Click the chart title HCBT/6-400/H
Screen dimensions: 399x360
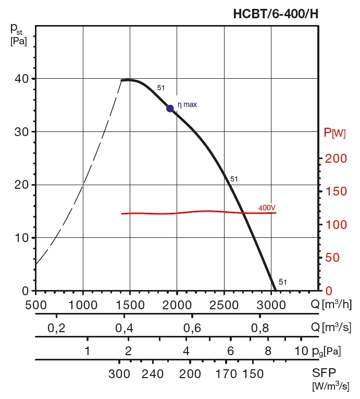(x=276, y=14)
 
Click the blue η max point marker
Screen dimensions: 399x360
(x=170, y=108)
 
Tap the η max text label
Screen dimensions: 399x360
(x=188, y=105)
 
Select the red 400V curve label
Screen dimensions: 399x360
(x=267, y=208)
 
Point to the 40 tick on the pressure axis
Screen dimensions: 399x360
(x=21, y=79)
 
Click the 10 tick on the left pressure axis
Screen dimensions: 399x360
(x=21, y=238)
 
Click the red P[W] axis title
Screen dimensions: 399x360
(x=334, y=132)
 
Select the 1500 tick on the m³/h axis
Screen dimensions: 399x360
(x=130, y=304)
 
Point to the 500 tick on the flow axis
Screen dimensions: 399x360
(x=35, y=304)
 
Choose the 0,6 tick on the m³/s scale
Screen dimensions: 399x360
(x=192, y=328)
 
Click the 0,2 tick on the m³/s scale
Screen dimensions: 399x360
(x=56, y=328)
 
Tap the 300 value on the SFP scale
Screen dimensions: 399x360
(x=119, y=374)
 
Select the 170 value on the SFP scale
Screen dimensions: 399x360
(x=226, y=374)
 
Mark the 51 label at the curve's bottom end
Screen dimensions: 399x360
(x=283, y=282)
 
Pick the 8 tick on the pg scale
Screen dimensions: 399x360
(x=268, y=350)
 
